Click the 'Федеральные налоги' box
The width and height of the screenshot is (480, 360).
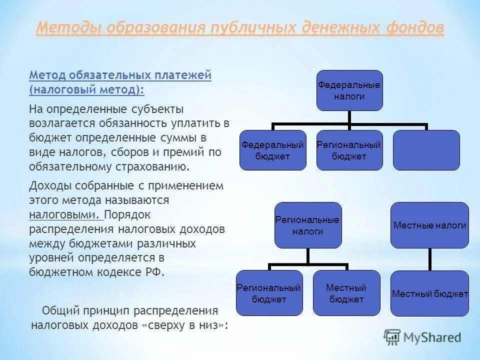(349, 90)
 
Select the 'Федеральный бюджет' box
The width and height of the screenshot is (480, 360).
(272, 150)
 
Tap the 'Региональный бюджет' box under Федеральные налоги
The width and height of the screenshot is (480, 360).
(349, 150)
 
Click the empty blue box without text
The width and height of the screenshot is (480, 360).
(426, 150)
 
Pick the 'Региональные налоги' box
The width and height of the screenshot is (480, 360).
(307, 225)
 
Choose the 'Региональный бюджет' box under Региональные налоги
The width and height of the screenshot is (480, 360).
(269, 293)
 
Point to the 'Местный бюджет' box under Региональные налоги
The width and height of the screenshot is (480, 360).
(346, 293)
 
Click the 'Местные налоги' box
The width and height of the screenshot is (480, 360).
(429, 225)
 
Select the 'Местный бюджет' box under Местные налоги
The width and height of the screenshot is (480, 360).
(429, 293)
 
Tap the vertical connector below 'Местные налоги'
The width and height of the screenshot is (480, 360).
(429, 259)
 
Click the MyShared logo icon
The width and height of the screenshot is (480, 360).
(392, 337)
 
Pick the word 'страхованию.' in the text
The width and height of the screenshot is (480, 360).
(157, 166)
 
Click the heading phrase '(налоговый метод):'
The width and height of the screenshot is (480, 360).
(86, 89)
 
